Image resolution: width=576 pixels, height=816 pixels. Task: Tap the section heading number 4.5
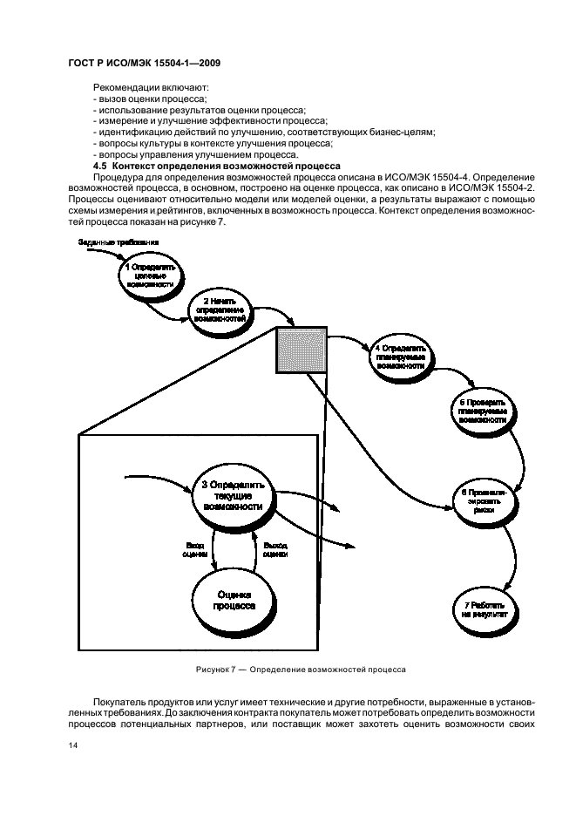101,165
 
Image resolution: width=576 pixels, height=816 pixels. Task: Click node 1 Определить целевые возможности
150,274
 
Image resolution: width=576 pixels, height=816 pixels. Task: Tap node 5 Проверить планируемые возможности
482,411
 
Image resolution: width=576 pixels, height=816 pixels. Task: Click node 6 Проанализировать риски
484,500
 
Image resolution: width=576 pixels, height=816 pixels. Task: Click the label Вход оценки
195,547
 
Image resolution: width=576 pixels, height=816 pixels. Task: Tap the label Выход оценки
275,547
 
